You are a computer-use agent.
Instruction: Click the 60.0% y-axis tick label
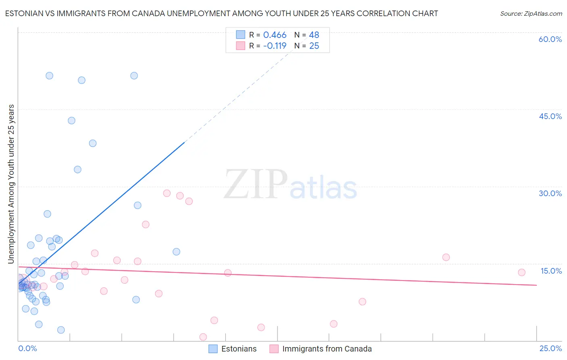point(550,39)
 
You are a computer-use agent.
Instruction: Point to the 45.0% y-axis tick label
point(550,116)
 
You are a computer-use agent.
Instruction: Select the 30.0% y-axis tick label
point(550,193)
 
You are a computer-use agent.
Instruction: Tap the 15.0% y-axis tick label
point(551,271)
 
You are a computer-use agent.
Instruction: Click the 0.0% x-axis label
point(27,348)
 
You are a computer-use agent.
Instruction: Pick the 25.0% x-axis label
point(550,348)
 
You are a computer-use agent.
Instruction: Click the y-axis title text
point(11,184)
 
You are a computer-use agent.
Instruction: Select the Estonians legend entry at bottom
point(233,349)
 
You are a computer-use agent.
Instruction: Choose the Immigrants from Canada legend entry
point(321,349)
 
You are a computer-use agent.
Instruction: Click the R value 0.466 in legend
point(275,35)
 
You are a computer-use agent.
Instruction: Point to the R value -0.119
point(275,46)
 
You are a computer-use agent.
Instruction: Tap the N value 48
point(314,35)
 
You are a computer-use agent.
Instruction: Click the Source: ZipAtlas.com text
point(531,14)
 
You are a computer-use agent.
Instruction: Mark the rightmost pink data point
point(521,272)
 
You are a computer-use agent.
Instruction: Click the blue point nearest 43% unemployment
point(71,120)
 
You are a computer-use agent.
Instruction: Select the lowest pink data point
point(203,337)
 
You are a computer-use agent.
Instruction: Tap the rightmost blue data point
point(176,252)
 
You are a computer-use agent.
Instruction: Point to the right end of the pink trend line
point(536,285)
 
